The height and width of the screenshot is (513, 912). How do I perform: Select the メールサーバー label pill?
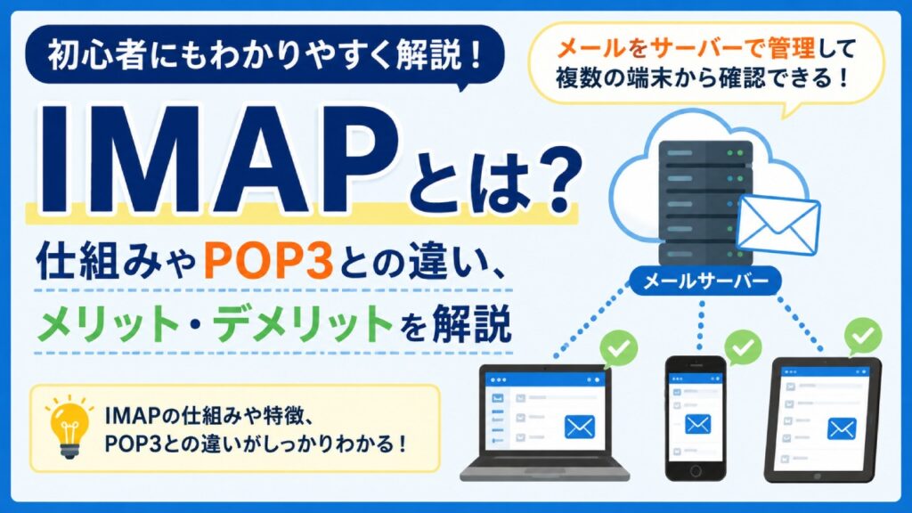coord(705,281)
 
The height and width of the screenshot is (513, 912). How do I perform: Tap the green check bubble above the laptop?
coord(618,348)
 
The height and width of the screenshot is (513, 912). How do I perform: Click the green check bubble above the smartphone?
coord(742,347)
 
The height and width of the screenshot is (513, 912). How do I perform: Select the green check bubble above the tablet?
coord(862,336)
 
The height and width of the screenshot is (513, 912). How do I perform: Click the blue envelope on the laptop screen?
coord(579,427)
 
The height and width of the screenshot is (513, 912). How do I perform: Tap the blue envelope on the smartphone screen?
coord(697,424)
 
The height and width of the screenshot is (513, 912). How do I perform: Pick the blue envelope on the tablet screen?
coord(842,430)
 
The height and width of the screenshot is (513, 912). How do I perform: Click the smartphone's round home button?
coord(696,470)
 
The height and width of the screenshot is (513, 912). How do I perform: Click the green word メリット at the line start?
coord(108,323)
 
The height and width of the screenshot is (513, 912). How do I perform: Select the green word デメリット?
coord(303,323)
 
